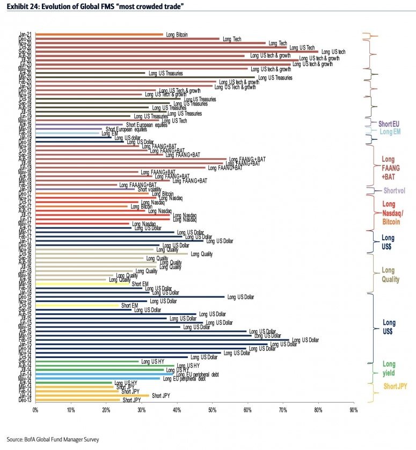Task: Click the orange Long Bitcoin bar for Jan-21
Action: tap(99, 34)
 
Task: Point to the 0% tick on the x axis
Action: tap(35, 410)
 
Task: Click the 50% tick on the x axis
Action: tap(212, 410)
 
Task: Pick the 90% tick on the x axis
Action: tap(353, 410)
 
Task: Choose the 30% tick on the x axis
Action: tap(141, 410)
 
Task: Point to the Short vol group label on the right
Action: tap(394, 191)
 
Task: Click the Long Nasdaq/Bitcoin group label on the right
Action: tap(391, 213)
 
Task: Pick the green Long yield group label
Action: tap(389, 369)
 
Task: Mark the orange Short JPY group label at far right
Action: tap(395, 387)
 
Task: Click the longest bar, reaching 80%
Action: tap(177, 52)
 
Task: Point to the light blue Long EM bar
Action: tap(68, 133)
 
